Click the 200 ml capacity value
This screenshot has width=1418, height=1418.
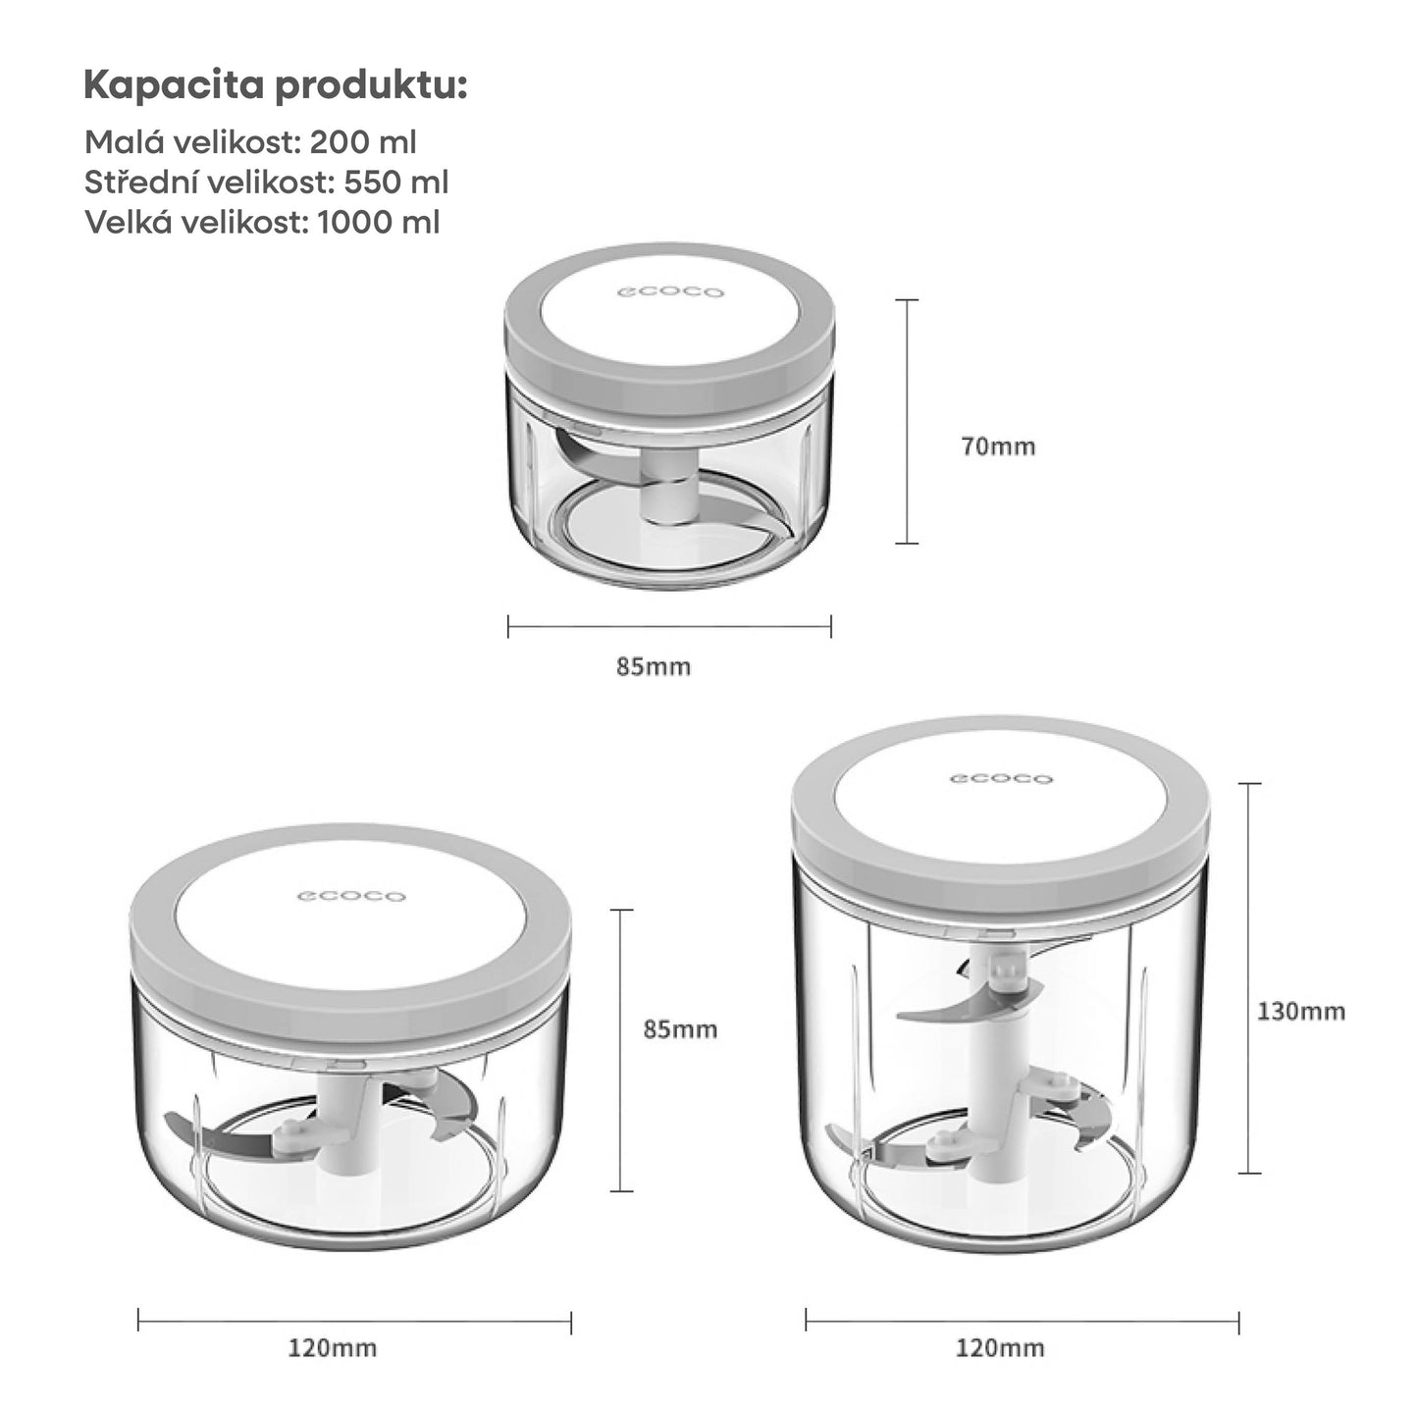coord(362,142)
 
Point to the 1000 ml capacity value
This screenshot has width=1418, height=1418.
coord(379,223)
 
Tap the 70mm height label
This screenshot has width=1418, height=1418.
coord(998,446)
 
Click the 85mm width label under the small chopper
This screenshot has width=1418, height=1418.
coord(654,667)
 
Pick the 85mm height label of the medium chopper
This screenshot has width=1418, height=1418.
coord(680,1029)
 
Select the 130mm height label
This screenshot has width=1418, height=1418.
coord(1301,1011)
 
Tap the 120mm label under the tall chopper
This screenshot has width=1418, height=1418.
coord(1000,1347)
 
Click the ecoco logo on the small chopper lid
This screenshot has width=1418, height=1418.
coord(670,291)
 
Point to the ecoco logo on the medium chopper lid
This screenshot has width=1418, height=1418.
coord(351,896)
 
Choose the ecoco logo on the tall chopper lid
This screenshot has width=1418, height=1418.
coord(1001,779)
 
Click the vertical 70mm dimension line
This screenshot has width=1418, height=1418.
coord(907,421)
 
